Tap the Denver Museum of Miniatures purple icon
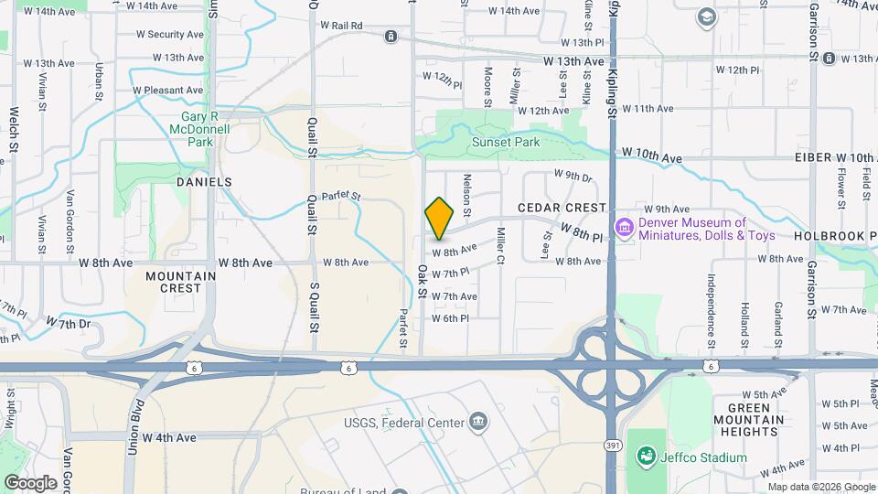(625, 226)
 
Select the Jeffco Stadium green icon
(647, 456)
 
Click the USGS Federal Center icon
(477, 422)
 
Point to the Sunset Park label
(506, 142)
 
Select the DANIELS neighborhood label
(204, 182)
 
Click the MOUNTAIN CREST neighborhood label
(181, 282)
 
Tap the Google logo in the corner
(30, 482)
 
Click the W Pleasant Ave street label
(167, 91)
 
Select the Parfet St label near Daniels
(341, 195)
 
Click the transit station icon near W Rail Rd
(391, 36)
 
